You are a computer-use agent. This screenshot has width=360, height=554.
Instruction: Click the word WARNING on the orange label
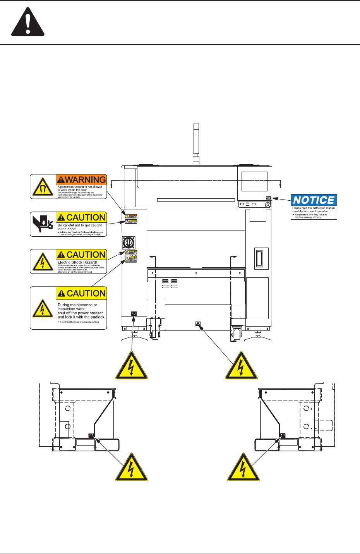pos(81,179)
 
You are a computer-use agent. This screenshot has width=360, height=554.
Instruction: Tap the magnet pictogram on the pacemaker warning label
pos(43,187)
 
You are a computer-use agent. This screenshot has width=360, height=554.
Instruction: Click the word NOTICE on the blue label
pos(314,200)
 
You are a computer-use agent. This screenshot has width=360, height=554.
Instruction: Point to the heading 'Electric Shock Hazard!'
pos(77,262)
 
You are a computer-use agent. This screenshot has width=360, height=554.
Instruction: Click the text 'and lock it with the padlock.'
pos(81,317)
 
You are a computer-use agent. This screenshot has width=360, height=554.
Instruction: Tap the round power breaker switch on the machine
pos(128,243)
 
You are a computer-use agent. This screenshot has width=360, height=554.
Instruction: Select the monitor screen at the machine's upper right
pos(255,181)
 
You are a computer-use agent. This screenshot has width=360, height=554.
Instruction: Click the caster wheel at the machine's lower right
pos(237,334)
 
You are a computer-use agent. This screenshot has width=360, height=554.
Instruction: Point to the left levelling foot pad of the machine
pos(134,339)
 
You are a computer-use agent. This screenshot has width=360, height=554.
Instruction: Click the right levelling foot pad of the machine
pos(258,339)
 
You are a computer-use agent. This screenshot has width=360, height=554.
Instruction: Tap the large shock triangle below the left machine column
pos(132,366)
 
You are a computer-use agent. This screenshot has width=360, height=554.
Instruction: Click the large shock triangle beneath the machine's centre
pos(242,366)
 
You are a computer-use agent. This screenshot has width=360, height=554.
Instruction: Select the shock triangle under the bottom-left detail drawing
pos(132,468)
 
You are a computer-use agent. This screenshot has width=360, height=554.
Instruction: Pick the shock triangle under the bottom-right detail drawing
pos(243,468)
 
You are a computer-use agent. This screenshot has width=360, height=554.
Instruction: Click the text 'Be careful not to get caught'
pos(80,225)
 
